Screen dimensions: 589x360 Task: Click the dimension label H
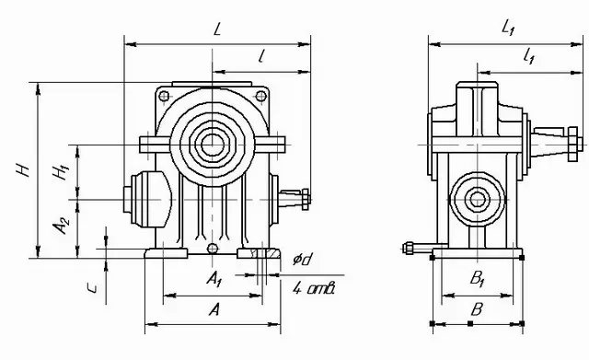pyautogui.click(x=23, y=169)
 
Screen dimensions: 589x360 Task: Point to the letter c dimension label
pyautogui.click(x=92, y=288)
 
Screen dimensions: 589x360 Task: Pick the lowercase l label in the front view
pyautogui.click(x=261, y=56)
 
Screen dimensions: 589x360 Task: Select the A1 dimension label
pyautogui.click(x=214, y=278)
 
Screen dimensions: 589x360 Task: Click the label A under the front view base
pyautogui.click(x=214, y=310)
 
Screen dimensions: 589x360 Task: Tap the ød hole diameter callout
pyautogui.click(x=303, y=259)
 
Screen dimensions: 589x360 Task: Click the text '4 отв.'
pyautogui.click(x=314, y=288)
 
